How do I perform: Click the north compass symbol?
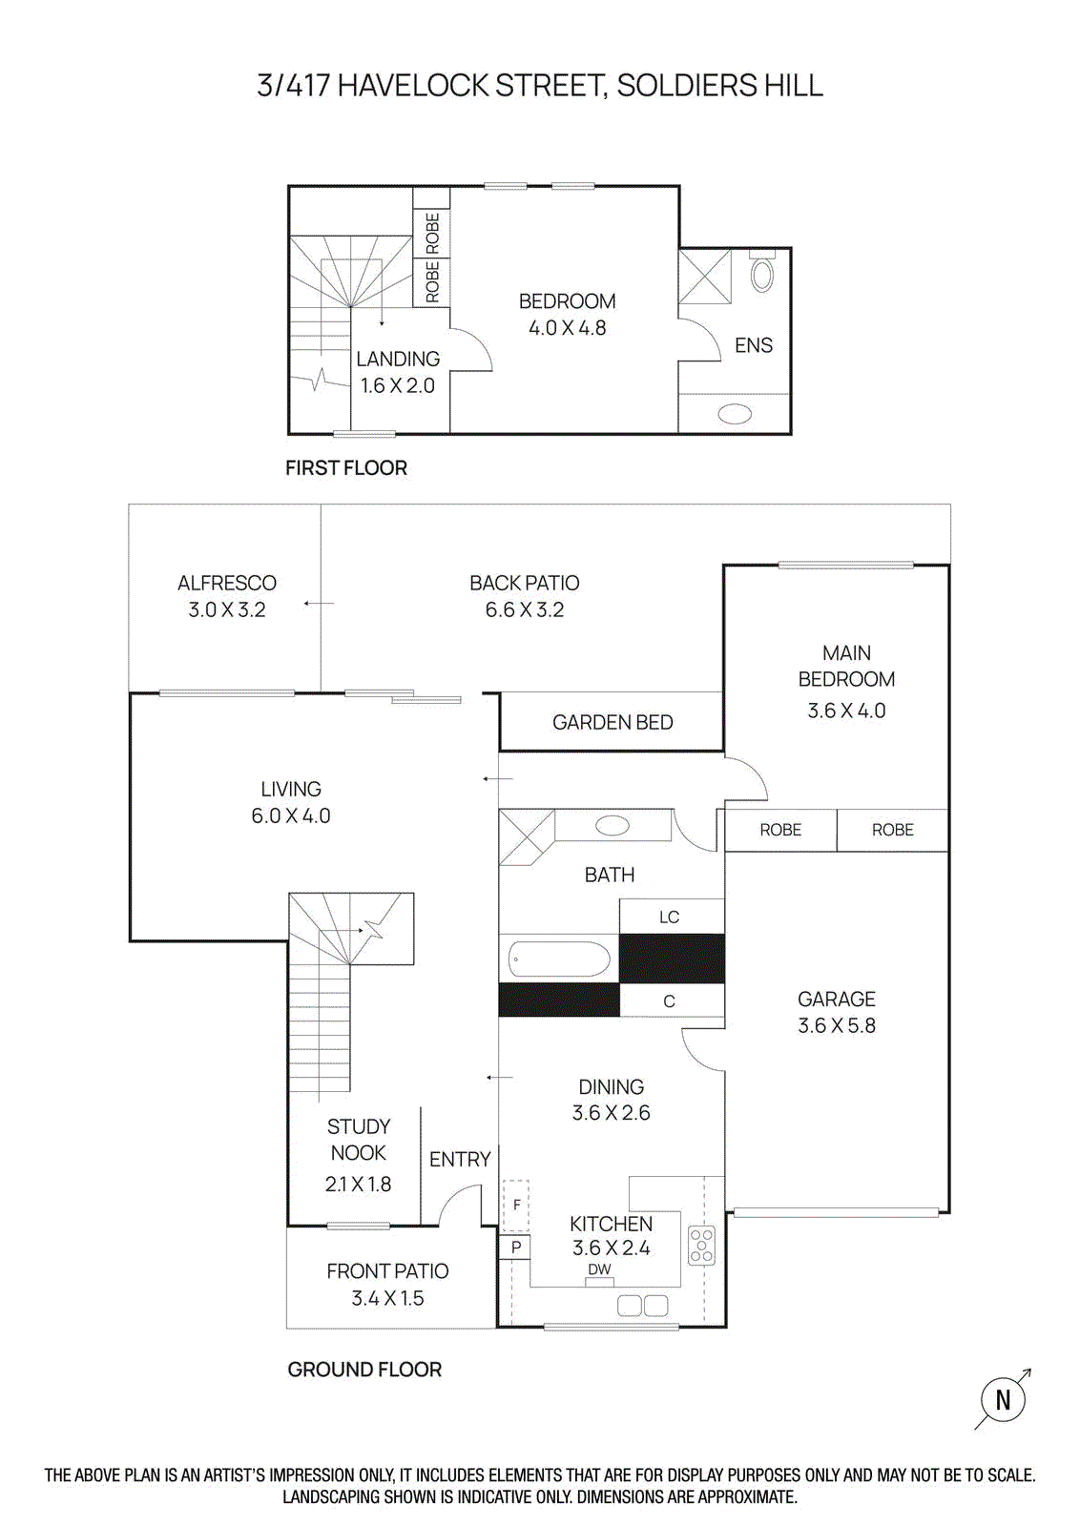[1003, 1399]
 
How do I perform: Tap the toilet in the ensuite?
[762, 274]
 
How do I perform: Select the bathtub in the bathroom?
[559, 959]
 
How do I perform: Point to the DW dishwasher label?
[599, 1269]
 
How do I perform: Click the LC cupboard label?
[670, 917]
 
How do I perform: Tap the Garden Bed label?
[613, 722]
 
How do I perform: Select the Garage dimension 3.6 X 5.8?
[837, 1025]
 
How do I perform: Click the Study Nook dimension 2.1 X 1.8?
[358, 1184]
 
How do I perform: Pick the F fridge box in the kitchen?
[516, 1206]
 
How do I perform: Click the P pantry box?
[516, 1247]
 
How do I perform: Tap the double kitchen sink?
[642, 1305]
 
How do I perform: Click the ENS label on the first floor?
[754, 345]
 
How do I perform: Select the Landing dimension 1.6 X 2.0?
[397, 385]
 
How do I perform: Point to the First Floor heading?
[346, 467]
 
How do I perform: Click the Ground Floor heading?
[364, 1369]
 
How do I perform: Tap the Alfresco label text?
[227, 583]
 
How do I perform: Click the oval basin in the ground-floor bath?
[613, 826]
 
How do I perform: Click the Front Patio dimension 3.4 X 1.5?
[387, 1298]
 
